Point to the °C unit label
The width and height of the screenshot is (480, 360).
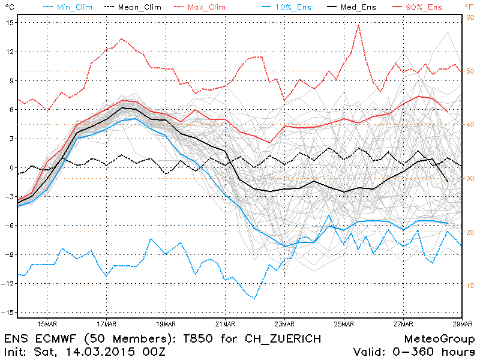[7, 6]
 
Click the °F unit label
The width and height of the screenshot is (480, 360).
[468, 6]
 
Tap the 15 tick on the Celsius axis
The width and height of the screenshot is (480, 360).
[10, 22]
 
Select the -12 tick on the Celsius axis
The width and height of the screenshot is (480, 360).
[8, 284]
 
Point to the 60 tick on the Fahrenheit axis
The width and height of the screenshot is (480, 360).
[470, 17]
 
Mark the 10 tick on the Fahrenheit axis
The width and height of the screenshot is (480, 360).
[470, 286]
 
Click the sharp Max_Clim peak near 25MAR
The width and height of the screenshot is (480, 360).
[358, 25]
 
